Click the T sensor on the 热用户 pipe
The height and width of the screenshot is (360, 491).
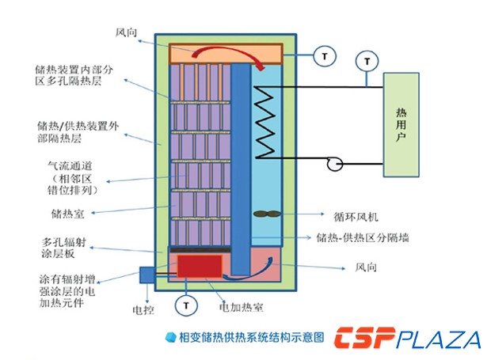point(365,59)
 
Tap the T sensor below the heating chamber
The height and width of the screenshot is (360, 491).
point(186,304)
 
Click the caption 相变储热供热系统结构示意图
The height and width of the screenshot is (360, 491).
point(250,337)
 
